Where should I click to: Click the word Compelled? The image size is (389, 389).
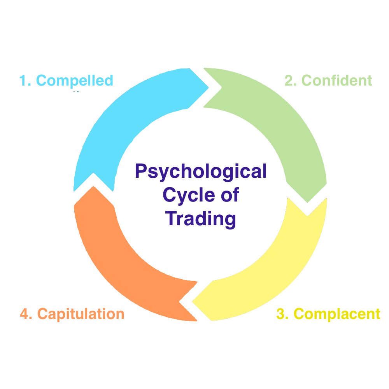74,81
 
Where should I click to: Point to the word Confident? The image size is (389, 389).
337,81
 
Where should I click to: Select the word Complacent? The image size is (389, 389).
336,314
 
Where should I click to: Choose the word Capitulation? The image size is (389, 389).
81,314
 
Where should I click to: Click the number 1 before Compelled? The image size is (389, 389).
24,81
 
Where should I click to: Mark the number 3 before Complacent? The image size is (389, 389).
282,314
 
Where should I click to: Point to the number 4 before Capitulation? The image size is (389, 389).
25,314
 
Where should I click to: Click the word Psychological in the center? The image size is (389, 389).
201,172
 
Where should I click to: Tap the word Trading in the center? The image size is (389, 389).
201,218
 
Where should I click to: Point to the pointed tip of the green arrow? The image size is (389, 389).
308,202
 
